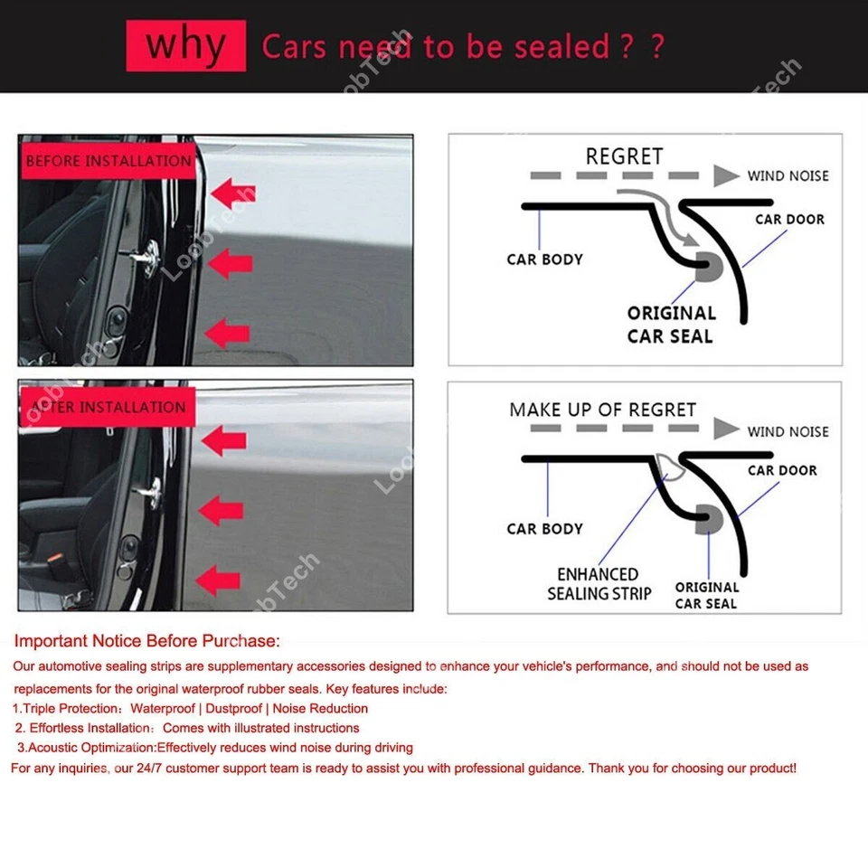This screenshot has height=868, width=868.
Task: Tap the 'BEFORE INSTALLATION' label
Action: tap(108, 162)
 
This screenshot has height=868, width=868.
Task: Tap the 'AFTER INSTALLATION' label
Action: tap(108, 408)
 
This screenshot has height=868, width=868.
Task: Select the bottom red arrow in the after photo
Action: tap(222, 578)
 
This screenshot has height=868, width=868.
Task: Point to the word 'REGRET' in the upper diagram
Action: tap(624, 156)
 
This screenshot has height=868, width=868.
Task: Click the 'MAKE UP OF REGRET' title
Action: tap(602, 410)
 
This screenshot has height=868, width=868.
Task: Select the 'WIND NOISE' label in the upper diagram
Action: tap(788, 176)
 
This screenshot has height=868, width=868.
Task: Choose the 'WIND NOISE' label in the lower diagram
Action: tap(788, 431)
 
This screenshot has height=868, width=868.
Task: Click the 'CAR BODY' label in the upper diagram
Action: tap(544, 259)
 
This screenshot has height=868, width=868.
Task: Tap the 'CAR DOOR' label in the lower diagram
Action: tap(782, 470)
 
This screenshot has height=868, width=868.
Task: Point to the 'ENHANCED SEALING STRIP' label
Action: tap(599, 584)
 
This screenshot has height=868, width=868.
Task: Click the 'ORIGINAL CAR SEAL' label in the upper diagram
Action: tap(671, 325)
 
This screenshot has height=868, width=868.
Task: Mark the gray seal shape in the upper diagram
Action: tap(709, 266)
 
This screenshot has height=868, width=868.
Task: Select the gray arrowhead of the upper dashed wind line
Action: tap(726, 176)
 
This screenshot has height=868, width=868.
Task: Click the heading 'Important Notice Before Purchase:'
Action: tap(146, 641)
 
